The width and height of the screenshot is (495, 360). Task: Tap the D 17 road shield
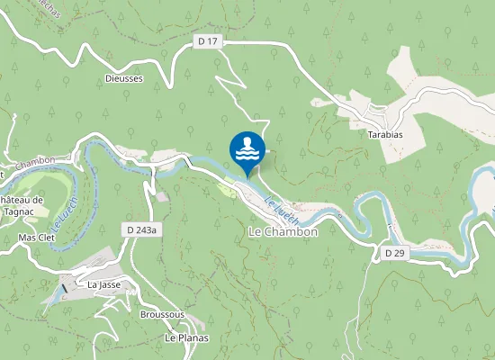click(x=207, y=40)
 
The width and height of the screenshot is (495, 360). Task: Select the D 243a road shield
click(x=142, y=230)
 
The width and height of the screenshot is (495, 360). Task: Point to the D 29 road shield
click(x=394, y=254)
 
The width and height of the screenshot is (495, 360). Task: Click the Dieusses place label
click(x=123, y=78)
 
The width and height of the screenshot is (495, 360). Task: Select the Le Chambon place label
click(x=283, y=231)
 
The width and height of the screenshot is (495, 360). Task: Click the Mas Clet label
click(x=37, y=238)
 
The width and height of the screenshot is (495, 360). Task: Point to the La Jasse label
click(x=104, y=284)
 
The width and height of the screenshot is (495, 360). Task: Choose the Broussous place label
click(x=162, y=315)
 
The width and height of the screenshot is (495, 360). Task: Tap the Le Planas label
click(x=186, y=337)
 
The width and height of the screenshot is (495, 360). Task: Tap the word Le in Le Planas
click(x=169, y=337)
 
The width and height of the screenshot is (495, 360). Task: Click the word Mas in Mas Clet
click(x=27, y=238)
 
